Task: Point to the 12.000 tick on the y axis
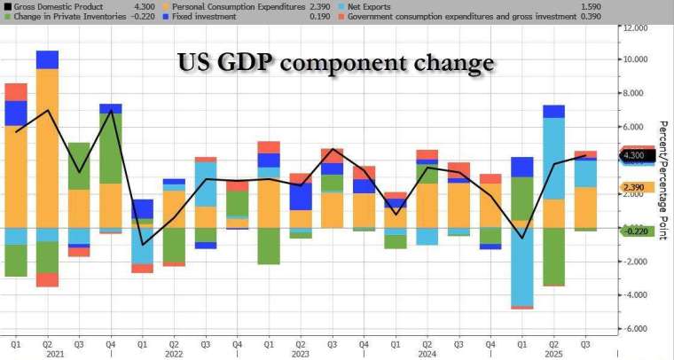coord(636,27)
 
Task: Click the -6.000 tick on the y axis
coord(636,329)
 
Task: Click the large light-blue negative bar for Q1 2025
coord(521,267)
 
